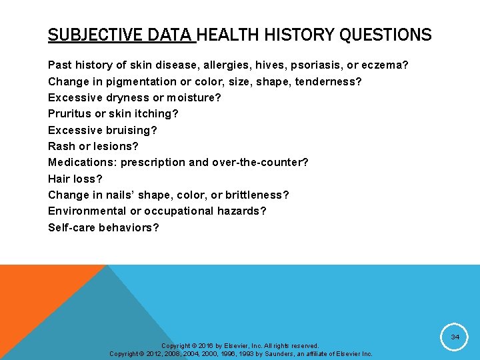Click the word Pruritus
(x=69, y=114)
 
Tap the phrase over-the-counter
(x=259, y=162)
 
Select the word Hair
(x=59, y=179)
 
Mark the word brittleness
(x=255, y=195)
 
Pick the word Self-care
(x=71, y=227)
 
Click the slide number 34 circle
(x=455, y=337)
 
